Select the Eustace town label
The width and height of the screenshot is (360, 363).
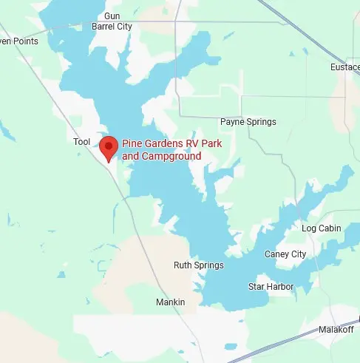[344, 67]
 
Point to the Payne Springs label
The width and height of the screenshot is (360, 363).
[248, 122]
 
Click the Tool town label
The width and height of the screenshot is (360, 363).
[81, 141]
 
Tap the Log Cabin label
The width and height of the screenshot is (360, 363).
[322, 228]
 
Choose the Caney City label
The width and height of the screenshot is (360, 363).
[285, 254]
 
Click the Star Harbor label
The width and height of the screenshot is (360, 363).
[271, 286]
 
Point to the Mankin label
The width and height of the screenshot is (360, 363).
[171, 302]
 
